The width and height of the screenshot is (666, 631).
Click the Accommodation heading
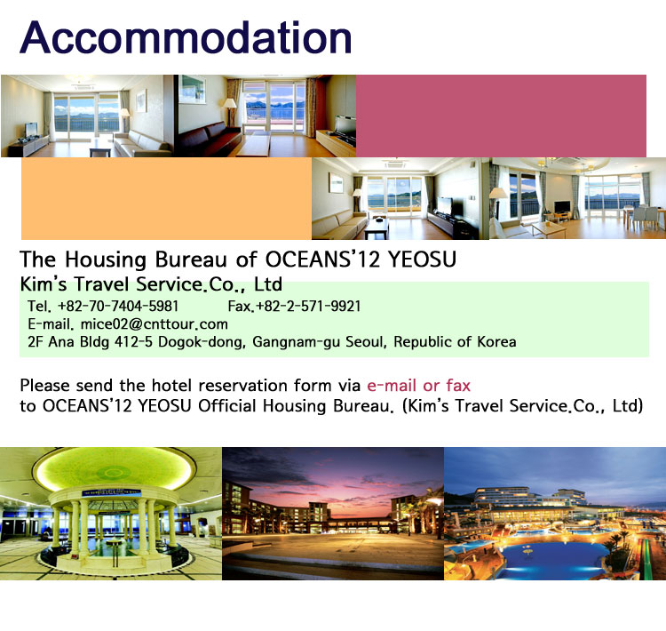(x=186, y=37)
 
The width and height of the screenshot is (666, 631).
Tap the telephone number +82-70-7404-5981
(x=118, y=306)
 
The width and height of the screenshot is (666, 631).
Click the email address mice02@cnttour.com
(x=155, y=324)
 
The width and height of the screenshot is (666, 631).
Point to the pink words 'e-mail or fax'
(x=419, y=385)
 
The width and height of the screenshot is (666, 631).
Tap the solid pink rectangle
(x=501, y=116)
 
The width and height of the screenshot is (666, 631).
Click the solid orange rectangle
(x=167, y=198)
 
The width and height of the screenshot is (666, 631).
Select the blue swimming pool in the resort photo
(x=552, y=557)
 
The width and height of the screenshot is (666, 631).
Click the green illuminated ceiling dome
(x=114, y=470)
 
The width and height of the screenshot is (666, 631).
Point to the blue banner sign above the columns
(x=111, y=493)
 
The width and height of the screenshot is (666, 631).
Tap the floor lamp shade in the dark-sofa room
(x=230, y=103)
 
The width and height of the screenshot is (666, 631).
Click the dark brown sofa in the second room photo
(x=208, y=138)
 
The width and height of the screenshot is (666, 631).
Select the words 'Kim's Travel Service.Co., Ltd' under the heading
(x=151, y=284)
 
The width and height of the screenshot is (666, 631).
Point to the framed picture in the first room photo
(x=141, y=100)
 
